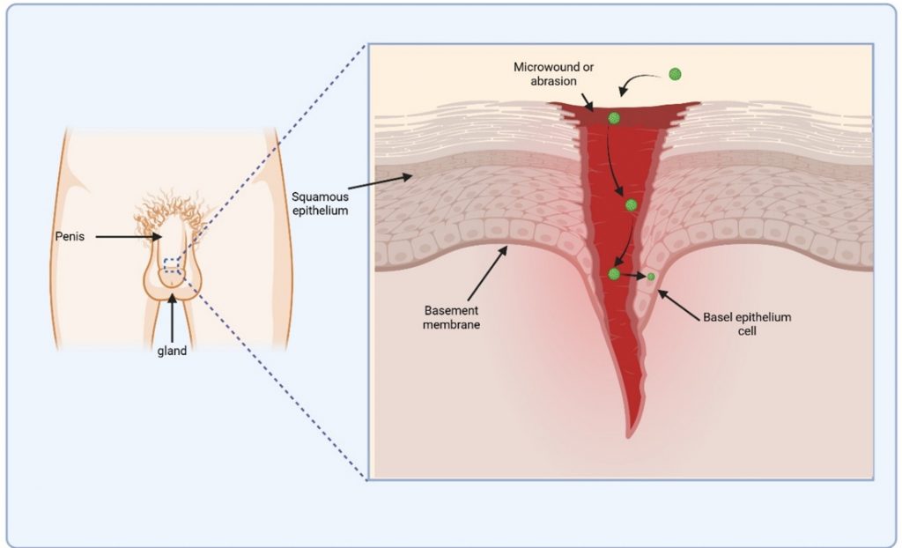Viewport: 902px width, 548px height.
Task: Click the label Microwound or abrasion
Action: click(547, 74)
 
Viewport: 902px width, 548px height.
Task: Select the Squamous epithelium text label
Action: click(319, 204)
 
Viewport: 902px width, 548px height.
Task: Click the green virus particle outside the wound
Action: click(675, 75)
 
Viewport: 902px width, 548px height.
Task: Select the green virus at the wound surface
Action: click(614, 118)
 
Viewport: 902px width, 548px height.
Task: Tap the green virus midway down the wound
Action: click(631, 205)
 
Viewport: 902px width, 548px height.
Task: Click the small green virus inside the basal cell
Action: click(651, 278)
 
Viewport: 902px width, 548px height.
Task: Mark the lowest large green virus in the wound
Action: click(614, 274)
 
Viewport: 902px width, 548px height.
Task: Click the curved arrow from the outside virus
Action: click(641, 83)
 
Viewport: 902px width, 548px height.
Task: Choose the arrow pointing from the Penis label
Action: click(129, 237)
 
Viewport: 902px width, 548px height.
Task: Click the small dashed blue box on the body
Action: click(172, 264)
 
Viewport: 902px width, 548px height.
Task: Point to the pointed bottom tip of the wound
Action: click(628, 434)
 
